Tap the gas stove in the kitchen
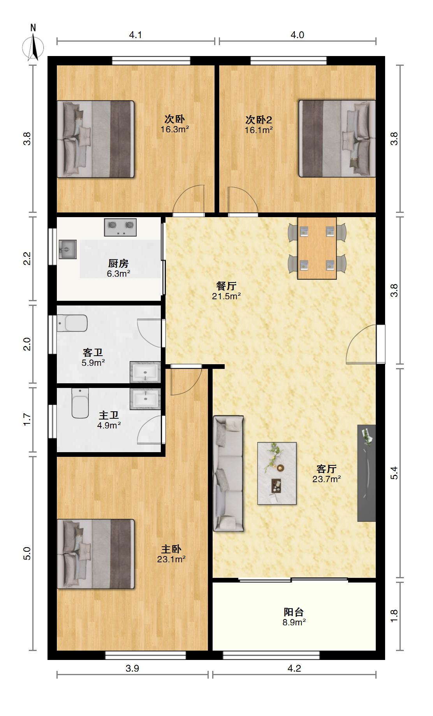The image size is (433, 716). click(120, 227)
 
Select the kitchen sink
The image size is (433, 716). click(68, 249)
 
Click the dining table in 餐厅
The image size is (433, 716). click(317, 248)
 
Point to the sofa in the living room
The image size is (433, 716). click(229, 473)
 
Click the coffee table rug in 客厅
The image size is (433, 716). click(277, 473)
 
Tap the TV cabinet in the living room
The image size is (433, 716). click(367, 473)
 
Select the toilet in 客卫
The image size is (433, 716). click(72, 323)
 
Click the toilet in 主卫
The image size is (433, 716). click(80, 403)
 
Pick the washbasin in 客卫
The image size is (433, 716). click(145, 372)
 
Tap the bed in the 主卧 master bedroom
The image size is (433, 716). click(96, 554)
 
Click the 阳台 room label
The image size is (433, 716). click(294, 612)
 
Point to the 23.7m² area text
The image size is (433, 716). click(326, 479)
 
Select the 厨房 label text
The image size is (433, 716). click(118, 263)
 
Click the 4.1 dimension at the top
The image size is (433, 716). click(136, 35)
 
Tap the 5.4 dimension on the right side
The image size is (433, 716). click(394, 472)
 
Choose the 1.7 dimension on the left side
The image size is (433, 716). click(26, 419)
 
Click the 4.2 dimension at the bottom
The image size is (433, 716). click(294, 669)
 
